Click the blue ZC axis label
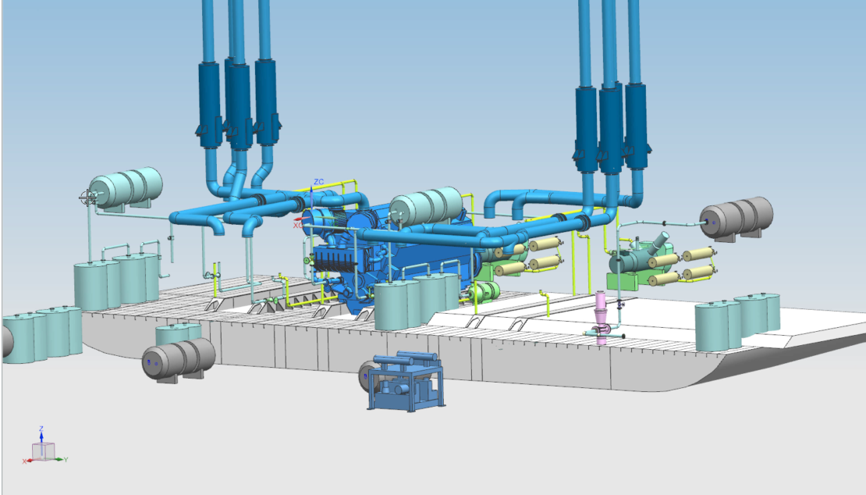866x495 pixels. (318, 182)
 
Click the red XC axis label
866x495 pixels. (297, 225)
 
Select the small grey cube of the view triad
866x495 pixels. (43, 450)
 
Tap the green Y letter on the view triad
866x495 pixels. (66, 459)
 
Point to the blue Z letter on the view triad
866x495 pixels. (41, 429)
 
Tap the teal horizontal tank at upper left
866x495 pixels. (126, 187)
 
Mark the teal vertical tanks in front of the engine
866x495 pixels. (413, 301)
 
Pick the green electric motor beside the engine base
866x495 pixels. (484, 291)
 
